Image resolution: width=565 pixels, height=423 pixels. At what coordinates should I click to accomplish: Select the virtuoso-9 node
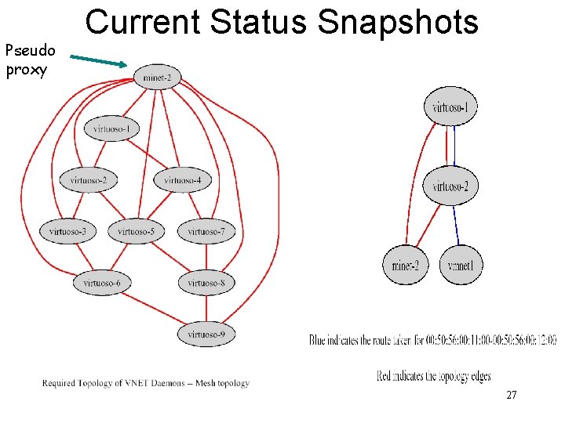pos(206,334)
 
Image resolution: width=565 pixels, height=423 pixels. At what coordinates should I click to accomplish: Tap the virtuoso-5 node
pos(137,231)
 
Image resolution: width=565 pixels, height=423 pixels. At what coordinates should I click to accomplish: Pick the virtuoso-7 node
pos(206,231)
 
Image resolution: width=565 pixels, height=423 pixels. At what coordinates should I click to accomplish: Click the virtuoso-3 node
pos(68,231)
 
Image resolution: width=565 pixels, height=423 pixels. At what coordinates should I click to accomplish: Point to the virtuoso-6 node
pos(102,282)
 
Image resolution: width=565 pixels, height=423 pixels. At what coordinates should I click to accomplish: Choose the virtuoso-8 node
pos(206,282)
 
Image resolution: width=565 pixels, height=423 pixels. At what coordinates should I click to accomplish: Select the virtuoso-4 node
pos(183,180)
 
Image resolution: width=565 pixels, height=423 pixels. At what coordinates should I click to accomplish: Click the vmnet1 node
pos(461,266)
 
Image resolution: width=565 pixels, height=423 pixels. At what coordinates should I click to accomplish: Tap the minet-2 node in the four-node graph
pos(406,266)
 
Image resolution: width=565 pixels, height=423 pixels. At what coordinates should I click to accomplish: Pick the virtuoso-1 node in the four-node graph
pos(450,107)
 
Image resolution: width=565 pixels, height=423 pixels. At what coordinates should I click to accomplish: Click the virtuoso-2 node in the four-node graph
pos(450,186)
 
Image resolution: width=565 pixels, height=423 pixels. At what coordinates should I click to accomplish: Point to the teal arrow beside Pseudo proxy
pos(97,60)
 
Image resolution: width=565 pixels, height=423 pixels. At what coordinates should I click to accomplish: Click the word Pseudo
pos(30,52)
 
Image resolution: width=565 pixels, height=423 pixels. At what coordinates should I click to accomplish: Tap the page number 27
pos(511,396)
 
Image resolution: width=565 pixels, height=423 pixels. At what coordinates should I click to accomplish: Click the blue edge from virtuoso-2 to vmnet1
pos(457,225)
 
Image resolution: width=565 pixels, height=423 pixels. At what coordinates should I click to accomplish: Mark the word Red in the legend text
pos(385,376)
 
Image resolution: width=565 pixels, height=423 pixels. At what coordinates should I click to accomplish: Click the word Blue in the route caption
pos(322,340)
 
